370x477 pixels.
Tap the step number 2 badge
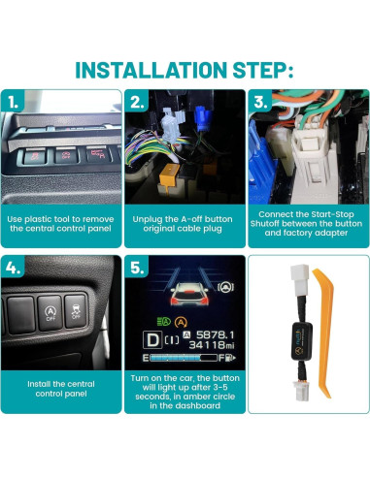[x=137, y=101]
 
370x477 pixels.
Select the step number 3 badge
[x=259, y=101]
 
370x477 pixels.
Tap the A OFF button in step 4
[x=50, y=313]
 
